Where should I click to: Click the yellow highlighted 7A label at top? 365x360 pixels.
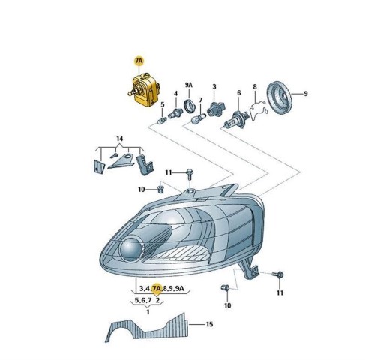coord(139,61)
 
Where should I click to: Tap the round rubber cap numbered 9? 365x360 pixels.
coord(279,97)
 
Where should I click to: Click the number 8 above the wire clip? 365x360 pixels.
coord(255,87)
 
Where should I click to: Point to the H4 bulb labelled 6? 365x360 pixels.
coord(235,120)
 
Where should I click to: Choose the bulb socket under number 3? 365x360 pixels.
coord(216,109)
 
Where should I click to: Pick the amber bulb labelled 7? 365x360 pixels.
coord(199,118)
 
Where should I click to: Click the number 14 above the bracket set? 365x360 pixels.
coord(120,139)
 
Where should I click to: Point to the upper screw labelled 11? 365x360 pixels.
coord(190,174)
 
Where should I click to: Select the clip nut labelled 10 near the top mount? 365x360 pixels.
coord(160,189)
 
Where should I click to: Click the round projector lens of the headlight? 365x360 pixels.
coord(130,250)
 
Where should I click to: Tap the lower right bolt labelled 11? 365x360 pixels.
coord(279,275)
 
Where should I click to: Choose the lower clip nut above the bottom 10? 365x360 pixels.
coord(225,288)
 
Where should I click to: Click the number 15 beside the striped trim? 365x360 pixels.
coord(209,324)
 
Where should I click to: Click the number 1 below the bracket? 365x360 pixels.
coord(148,312)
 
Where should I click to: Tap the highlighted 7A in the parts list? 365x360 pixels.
coord(157,289)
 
